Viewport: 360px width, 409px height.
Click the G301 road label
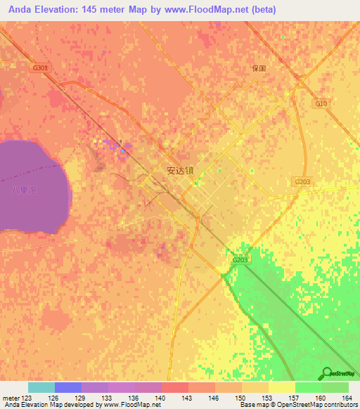[40, 68]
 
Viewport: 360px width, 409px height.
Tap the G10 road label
[321, 103]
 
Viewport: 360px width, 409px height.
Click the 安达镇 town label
[180, 170]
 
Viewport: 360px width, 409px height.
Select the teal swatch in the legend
[41, 387]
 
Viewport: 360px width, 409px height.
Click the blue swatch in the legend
[68, 387]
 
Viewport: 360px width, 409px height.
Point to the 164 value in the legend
[347, 398]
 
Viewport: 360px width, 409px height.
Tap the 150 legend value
[240, 398]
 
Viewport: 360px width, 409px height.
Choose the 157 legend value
[294, 398]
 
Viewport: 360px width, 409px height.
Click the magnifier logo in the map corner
[328, 373]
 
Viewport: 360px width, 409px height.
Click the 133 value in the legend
[107, 398]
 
